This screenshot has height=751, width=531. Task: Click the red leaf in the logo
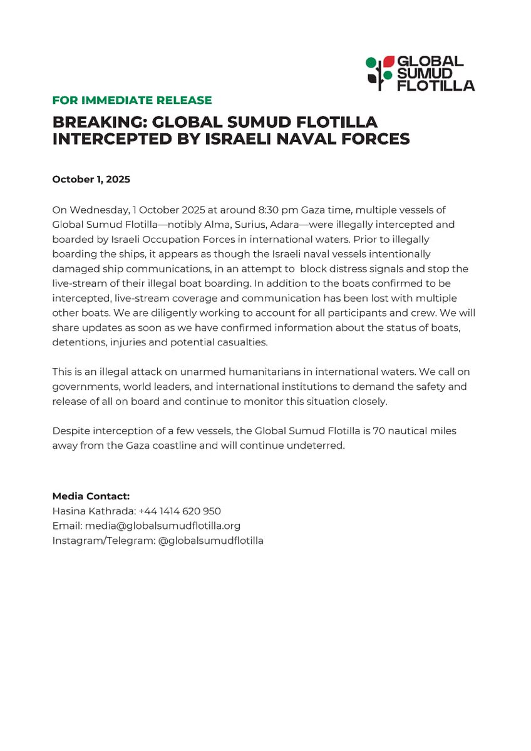388,61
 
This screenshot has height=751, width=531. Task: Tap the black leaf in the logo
373,79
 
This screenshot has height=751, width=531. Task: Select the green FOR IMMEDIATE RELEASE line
132,100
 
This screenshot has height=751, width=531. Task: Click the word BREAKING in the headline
97,121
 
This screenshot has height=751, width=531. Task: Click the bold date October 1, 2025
91,179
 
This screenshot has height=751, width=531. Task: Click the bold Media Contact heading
91,496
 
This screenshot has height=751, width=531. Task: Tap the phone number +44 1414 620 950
179,511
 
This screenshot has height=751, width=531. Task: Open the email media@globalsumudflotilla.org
163,526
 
